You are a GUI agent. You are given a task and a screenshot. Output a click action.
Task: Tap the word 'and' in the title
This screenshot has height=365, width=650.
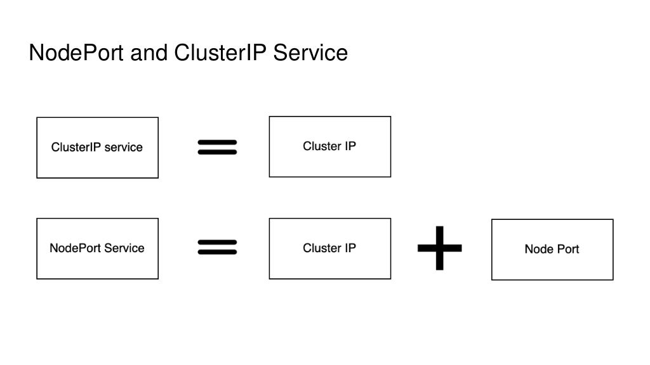coord(149,53)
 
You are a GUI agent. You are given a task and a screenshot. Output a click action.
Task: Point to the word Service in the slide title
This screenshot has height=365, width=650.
coord(310,53)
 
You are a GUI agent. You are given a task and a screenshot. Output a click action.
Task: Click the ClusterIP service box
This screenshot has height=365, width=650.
coord(97,147)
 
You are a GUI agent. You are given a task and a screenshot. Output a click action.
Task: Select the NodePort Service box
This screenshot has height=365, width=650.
coord(97,248)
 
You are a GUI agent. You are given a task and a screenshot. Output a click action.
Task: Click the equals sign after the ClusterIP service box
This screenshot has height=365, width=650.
coord(217,147)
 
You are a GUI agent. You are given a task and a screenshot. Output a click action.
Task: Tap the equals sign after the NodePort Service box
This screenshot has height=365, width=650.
coord(217,247)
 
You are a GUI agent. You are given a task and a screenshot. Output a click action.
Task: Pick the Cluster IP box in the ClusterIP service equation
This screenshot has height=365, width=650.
coord(329,146)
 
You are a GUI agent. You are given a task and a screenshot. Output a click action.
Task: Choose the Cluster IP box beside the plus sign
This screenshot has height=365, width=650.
coord(329,248)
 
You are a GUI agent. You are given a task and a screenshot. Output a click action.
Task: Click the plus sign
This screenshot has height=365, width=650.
coord(439,248)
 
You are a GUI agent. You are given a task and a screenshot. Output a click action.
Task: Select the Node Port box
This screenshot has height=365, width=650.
coord(552,249)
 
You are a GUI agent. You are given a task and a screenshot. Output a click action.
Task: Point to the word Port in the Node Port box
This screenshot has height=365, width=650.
coord(567,249)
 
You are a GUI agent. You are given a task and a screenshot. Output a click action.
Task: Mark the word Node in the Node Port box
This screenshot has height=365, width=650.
coord(538,249)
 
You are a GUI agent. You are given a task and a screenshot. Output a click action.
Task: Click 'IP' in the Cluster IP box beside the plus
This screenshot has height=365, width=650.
coord(350,248)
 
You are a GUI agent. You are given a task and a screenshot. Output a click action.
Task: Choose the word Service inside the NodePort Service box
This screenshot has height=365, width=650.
coord(124,248)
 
